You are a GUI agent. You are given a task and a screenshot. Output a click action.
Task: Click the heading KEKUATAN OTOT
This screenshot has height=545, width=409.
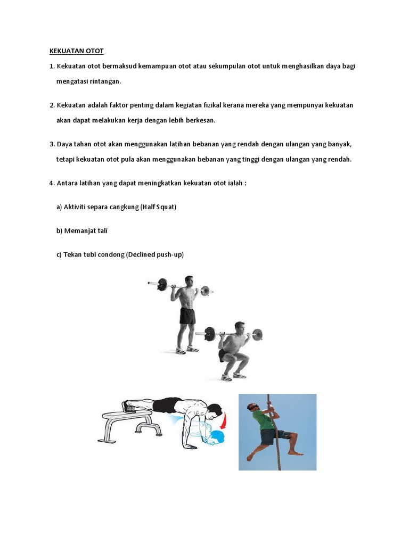[77, 51]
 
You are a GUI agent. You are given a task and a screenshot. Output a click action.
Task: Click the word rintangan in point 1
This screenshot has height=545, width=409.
[105, 81]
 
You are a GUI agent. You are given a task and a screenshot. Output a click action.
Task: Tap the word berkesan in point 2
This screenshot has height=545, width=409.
[199, 120]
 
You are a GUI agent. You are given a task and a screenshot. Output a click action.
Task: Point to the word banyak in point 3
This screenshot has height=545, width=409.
[340, 144]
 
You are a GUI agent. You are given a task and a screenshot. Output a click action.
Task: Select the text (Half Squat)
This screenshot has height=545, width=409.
[158, 207]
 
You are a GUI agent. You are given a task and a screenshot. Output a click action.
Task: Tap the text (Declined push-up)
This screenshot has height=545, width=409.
[155, 254]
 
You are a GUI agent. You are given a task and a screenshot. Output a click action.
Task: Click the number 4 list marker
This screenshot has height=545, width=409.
[52, 183]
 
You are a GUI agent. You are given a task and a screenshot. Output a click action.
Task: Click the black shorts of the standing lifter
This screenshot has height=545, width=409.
[187, 316]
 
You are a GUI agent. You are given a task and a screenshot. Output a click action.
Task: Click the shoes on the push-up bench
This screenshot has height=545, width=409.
[129, 406]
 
